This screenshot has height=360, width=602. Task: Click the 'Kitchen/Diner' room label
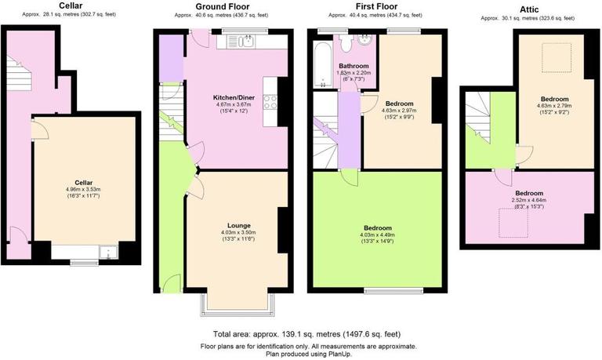pyautogui.click(x=232, y=97)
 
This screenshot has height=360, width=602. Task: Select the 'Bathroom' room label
pyautogui.click(x=354, y=66)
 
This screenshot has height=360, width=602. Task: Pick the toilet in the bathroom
pyautogui.click(x=365, y=42)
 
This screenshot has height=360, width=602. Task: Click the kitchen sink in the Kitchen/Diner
pyautogui.click(x=246, y=42)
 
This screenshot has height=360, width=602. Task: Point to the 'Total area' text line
pyautogui.click(x=302, y=334)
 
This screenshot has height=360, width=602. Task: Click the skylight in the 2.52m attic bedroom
pyautogui.click(x=515, y=224)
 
